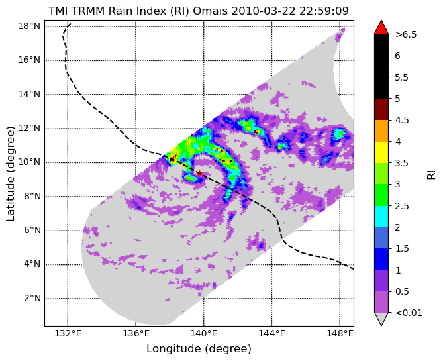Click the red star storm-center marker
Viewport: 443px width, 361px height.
tap(200, 173)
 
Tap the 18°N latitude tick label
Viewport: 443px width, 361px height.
tap(29, 26)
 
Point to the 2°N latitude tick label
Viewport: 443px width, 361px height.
tap(33, 299)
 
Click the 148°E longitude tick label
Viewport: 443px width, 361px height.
tap(340, 334)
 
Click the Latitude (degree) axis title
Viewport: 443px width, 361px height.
tap(10, 174)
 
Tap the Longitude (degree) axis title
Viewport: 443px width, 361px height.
tap(199, 349)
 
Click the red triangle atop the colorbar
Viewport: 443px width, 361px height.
tap(381, 28)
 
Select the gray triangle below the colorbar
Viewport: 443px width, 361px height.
tap(381, 319)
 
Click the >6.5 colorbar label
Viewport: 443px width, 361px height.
tap(406, 34)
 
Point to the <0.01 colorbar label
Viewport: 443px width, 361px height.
tap(409, 313)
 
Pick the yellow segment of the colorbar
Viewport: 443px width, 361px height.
tap(381, 152)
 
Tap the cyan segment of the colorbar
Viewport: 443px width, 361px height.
tap(381, 217)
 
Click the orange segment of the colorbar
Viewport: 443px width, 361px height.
tap(381, 131)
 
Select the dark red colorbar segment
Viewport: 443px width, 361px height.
tap(381, 109)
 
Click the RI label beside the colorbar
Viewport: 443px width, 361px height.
tap(432, 174)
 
